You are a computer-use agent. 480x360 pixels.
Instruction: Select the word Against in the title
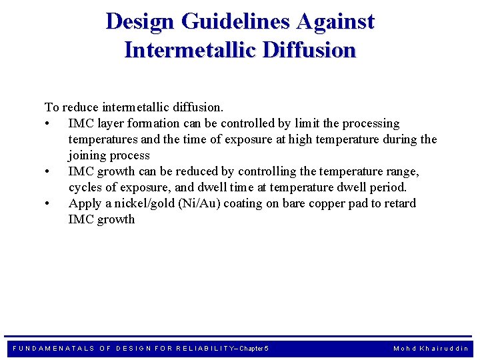(335, 21)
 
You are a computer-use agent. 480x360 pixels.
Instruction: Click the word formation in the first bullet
(156, 123)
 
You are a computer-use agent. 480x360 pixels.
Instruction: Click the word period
(387, 187)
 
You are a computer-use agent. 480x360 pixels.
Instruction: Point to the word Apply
(85, 203)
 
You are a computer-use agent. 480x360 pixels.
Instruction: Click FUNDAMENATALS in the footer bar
(55, 349)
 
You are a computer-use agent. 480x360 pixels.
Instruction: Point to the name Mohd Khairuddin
(431, 349)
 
